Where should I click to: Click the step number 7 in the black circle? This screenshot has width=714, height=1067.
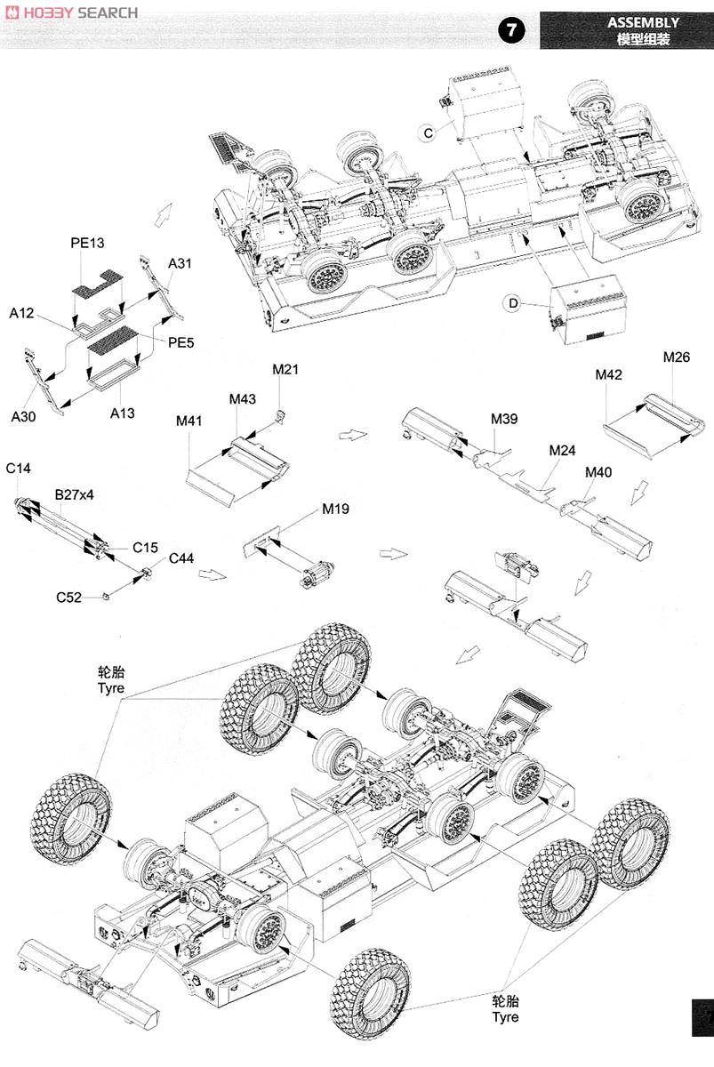click(x=511, y=30)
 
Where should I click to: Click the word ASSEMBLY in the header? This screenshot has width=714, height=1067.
click(x=643, y=22)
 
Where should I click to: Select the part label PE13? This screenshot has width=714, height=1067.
click(x=87, y=243)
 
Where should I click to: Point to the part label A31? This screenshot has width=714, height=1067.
click(x=181, y=263)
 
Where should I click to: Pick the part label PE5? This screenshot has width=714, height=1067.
click(x=181, y=341)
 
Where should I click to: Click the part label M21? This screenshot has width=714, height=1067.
click(x=285, y=369)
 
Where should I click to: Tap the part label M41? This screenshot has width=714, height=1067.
click(x=190, y=421)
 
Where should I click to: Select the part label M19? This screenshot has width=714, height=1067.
click(x=335, y=509)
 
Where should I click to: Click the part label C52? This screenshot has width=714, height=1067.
click(x=68, y=598)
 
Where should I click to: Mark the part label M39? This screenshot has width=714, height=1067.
click(x=504, y=418)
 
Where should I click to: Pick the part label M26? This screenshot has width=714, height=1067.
click(x=676, y=357)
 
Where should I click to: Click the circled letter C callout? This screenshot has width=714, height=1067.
click(x=428, y=132)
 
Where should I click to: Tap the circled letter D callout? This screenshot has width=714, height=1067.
click(x=513, y=304)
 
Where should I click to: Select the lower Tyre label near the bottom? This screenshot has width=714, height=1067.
click(x=505, y=1008)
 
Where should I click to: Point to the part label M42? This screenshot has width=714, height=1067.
click(x=609, y=375)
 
